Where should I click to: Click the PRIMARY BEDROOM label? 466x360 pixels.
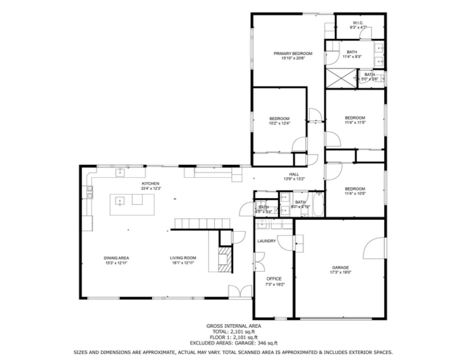pyautogui.click(x=293, y=54)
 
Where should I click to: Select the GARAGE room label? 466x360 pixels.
pyautogui.click(x=340, y=267)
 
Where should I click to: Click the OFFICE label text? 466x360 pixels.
pyautogui.click(x=274, y=279)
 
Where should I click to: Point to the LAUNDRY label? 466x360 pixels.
pyautogui.click(x=266, y=241)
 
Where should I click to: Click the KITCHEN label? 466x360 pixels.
pyautogui.click(x=150, y=184)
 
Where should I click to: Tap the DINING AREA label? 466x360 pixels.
pyautogui.click(x=116, y=258)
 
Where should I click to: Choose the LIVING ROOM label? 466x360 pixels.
pyautogui.click(x=183, y=258)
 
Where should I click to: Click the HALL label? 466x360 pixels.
pyautogui.click(x=294, y=174)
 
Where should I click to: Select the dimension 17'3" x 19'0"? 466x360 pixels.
pyautogui.click(x=340, y=272)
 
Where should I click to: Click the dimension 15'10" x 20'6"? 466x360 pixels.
pyautogui.click(x=293, y=58)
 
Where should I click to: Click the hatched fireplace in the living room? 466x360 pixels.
pyautogui.click(x=225, y=260)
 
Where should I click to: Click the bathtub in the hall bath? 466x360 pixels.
pyautogui.click(x=318, y=204)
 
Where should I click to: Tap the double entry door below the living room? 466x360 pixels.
pyautogui.click(x=240, y=291)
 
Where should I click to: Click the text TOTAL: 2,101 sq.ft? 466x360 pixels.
pyautogui.click(x=233, y=332)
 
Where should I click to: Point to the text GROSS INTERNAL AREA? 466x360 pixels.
pyautogui.click(x=233, y=326)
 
